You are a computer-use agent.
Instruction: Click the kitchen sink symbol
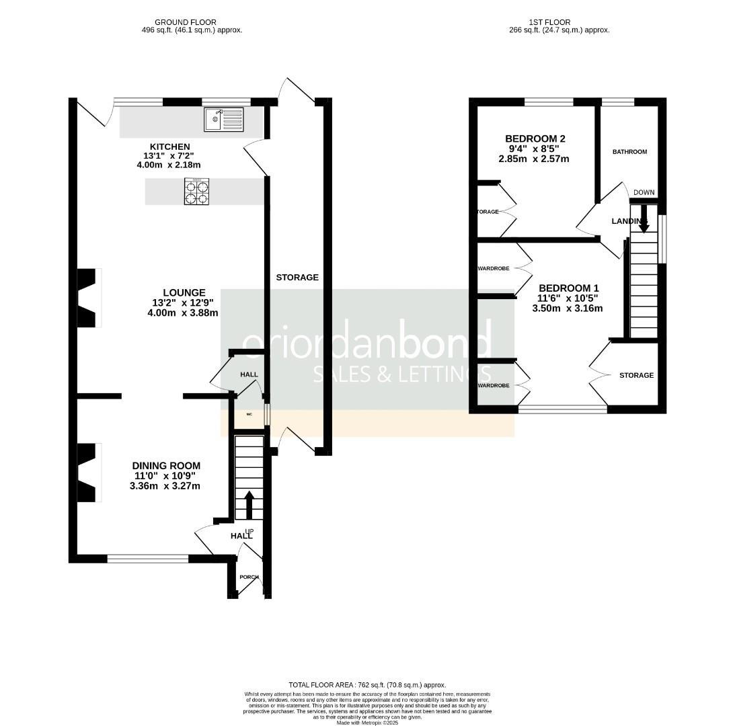[x=223, y=120]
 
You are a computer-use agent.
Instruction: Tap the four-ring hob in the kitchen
[x=197, y=192]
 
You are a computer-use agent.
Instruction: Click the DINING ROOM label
[x=165, y=465]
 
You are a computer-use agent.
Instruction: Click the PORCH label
[x=249, y=577]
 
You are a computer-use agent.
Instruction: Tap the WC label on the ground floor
[x=249, y=414]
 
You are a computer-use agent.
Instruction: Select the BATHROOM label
[x=629, y=152]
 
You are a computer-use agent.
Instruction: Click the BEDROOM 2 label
[x=535, y=139]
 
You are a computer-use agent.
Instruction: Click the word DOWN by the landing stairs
[x=644, y=192]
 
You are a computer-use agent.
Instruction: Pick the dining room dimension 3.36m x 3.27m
[x=165, y=485]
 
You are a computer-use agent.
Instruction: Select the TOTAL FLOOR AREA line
[x=367, y=685]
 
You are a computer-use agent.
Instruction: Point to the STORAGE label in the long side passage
[x=297, y=277]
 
